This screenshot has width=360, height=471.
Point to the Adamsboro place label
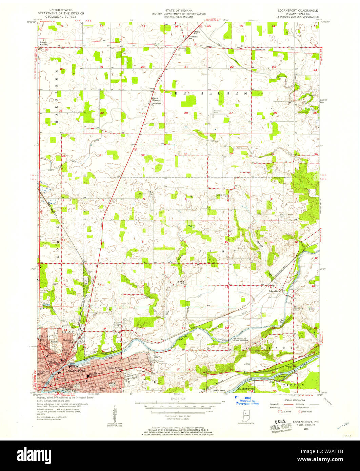[275, 291]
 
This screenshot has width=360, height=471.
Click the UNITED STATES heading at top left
[58, 11]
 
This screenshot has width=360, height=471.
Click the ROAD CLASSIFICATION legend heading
[294, 400]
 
